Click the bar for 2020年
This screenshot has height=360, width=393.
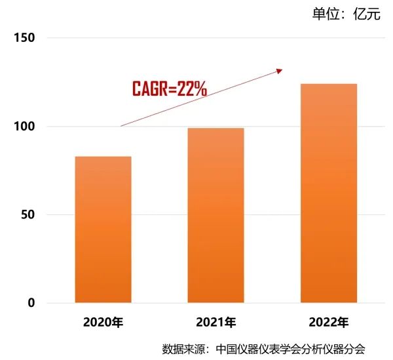(x=103, y=230)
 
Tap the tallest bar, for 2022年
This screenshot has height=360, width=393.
(x=328, y=193)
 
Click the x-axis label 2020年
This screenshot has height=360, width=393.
(x=103, y=323)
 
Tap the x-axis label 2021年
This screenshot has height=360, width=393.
(x=215, y=323)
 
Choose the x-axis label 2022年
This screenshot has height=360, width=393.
(x=328, y=323)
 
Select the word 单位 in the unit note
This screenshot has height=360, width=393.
(x=325, y=14)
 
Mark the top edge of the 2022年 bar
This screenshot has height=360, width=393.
(x=328, y=84)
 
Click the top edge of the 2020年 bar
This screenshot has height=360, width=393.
(x=103, y=157)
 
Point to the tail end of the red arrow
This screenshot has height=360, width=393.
(x=121, y=125)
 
